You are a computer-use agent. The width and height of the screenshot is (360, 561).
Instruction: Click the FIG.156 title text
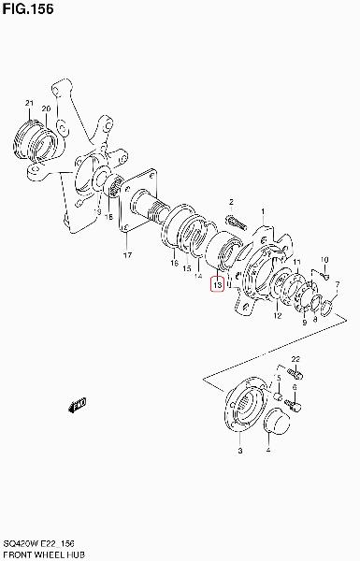28,8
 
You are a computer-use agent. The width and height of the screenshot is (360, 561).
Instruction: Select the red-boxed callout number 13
217,285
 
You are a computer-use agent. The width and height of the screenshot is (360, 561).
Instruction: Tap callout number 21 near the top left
29,103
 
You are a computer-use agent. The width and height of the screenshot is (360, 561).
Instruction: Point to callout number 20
46,108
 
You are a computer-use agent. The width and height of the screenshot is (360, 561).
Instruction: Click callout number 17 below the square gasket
128,255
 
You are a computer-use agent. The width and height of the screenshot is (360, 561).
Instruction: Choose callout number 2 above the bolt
231,202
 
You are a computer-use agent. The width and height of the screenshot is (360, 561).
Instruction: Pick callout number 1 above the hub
263,211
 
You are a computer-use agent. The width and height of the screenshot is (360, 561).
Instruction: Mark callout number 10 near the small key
324,259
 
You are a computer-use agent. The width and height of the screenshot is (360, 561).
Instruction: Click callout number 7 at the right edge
338,284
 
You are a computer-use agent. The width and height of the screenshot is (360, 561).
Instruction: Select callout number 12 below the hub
278,315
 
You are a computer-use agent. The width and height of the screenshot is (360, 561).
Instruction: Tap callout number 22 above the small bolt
295,359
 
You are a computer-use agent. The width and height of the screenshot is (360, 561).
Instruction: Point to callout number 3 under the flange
240,451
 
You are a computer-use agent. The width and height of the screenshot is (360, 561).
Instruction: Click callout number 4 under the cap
268,451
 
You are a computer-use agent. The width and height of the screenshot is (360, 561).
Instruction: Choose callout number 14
198,276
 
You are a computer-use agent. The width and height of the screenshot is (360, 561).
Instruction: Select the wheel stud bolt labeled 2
237,223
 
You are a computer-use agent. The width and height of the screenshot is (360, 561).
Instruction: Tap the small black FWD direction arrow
77,405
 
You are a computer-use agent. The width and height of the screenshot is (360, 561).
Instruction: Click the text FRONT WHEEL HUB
44,554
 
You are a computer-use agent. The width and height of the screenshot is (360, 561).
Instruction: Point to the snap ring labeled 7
327,309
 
